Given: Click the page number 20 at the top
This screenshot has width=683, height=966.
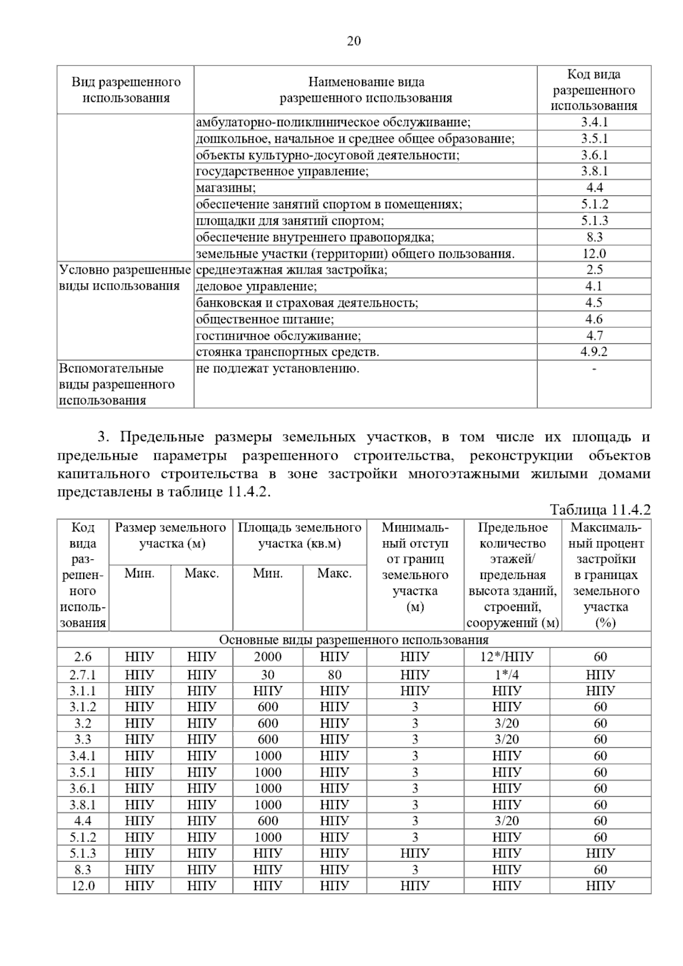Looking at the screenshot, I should click(353, 41).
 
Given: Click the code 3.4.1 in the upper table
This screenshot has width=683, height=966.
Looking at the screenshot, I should click(594, 122).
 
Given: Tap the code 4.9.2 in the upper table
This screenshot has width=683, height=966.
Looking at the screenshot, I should click(594, 352).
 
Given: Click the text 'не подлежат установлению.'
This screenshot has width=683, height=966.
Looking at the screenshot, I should click(278, 369).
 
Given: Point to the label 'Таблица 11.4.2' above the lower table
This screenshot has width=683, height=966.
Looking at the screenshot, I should click(600, 509).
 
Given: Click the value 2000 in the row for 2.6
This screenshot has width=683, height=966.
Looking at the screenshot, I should click(268, 657).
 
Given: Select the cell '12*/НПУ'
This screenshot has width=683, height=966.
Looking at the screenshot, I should click(507, 657).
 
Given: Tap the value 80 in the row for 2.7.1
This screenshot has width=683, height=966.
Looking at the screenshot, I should click(335, 675).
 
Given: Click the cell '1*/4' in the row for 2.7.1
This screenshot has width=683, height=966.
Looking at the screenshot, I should click(507, 675).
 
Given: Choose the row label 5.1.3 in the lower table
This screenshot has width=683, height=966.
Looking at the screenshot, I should click(83, 853).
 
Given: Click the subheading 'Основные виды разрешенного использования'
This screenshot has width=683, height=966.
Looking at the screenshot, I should click(353, 640).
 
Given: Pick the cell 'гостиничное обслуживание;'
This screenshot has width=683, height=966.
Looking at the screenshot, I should click(278, 336).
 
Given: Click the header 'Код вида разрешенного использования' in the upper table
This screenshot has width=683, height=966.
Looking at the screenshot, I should click(594, 90).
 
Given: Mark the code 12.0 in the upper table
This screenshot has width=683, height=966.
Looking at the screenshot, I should click(594, 254).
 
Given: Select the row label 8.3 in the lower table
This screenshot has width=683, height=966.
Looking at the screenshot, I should click(83, 870).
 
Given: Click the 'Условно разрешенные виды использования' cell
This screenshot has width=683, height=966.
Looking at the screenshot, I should click(125, 278).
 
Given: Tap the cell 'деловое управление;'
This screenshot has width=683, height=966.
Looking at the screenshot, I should click(256, 286).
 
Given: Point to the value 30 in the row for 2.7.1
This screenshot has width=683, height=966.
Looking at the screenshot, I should click(268, 675).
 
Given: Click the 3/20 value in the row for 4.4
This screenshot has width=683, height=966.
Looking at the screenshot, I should click(507, 821).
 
